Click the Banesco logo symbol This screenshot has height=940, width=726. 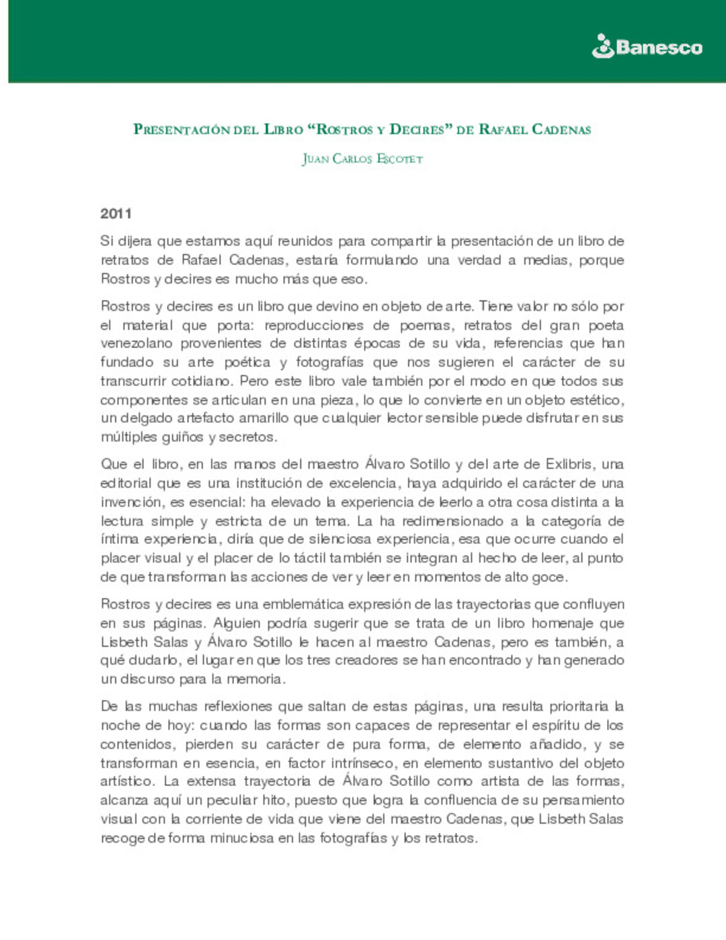click(x=603, y=46)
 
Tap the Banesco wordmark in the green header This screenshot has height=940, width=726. click(x=659, y=48)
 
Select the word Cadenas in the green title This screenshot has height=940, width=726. click(x=561, y=129)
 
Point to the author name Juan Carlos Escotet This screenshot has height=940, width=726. click(x=362, y=159)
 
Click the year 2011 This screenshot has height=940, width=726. click(x=116, y=214)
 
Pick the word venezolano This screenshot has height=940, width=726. click(x=136, y=344)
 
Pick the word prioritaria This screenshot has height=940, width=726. click(x=579, y=707)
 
